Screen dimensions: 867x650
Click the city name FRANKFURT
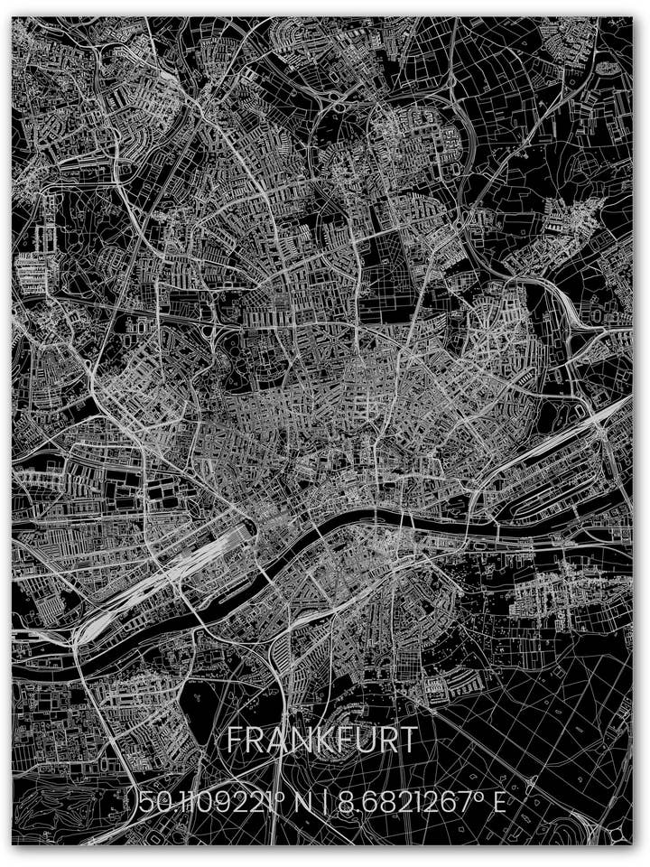click(322, 740)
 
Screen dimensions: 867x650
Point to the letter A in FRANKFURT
click(274, 740)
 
